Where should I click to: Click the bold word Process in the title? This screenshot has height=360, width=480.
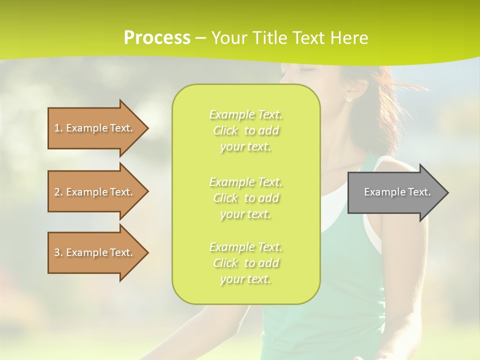point(157,38)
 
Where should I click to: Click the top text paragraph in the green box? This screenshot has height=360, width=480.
point(245,130)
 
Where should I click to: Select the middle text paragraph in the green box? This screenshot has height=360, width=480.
point(245,198)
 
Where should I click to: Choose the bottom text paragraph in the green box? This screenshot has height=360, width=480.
point(245,263)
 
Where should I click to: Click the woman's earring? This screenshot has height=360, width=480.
point(348,99)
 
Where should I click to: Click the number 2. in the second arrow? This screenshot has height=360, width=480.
point(58,192)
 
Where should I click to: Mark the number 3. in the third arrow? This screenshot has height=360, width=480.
point(58,252)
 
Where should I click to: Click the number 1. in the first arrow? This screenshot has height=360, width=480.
point(58,128)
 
